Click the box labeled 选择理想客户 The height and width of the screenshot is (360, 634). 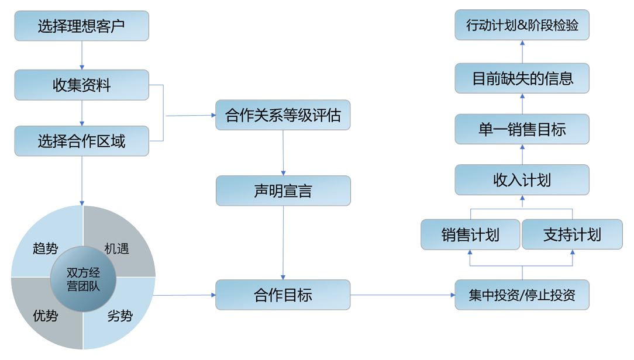click(x=81, y=26)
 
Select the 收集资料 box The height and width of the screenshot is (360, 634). click(x=81, y=85)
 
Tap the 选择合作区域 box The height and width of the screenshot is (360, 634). click(x=81, y=141)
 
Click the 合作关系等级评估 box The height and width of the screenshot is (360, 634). click(x=283, y=115)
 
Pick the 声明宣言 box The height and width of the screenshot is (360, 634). click(x=283, y=191)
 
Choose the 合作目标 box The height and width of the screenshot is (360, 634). click(x=283, y=295)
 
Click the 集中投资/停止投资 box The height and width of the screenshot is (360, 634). click(x=522, y=295)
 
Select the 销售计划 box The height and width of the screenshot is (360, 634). click(x=470, y=234)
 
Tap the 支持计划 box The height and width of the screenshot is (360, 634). click(x=572, y=234)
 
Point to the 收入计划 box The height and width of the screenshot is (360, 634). click(x=522, y=179)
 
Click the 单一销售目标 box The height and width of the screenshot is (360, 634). click(x=522, y=129)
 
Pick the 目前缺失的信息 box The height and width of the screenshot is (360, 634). click(x=522, y=78)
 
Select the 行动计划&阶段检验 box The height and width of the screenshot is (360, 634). click(x=522, y=26)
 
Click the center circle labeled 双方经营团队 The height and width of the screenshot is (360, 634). click(x=83, y=278)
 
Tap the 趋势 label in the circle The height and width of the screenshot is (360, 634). click(x=45, y=248)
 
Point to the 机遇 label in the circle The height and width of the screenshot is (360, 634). click(x=116, y=248)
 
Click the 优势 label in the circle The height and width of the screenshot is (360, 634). click(x=45, y=316)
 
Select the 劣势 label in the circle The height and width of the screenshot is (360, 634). click(x=120, y=316)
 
